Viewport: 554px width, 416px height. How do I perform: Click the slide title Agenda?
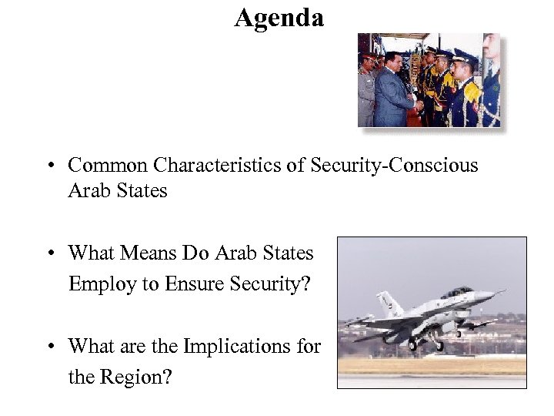click(279, 17)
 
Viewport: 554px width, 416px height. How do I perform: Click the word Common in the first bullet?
click(108, 165)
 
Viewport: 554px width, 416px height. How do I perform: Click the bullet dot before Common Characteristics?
click(48, 166)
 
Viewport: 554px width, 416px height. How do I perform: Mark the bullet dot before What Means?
click(48, 254)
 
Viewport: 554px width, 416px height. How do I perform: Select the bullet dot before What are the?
click(48, 347)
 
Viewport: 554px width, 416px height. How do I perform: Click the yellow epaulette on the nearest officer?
click(470, 91)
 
